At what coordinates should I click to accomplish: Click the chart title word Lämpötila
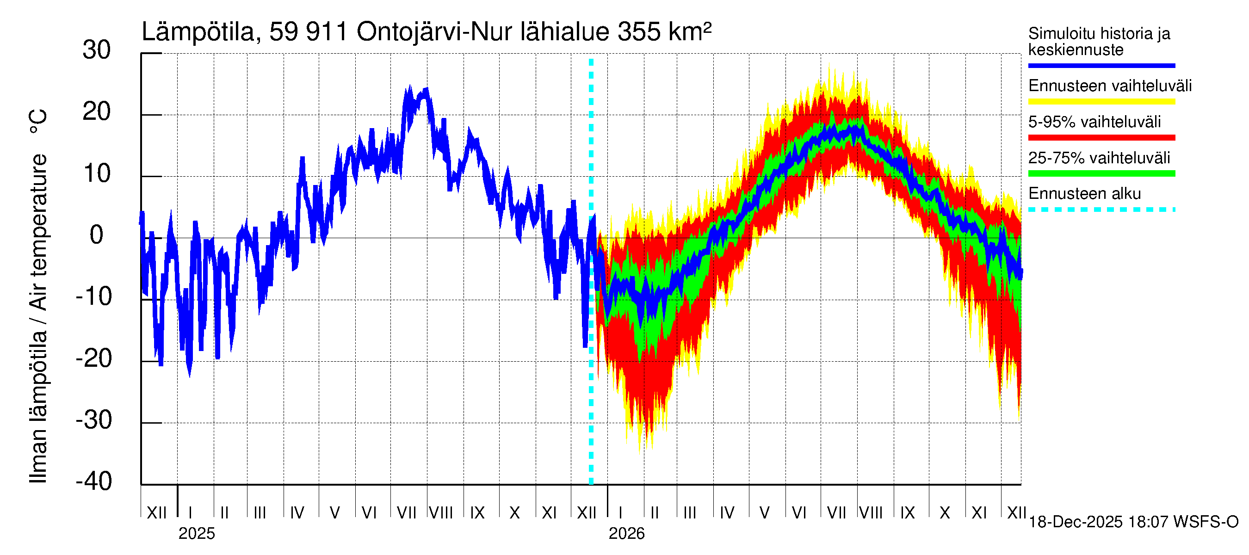click(198, 32)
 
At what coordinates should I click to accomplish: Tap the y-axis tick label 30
click(97, 50)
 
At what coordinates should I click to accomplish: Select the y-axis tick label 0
click(97, 235)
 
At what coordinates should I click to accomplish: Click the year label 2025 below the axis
click(196, 534)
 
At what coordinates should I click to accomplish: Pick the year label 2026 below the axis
click(626, 534)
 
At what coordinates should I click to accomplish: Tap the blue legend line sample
click(1101, 65)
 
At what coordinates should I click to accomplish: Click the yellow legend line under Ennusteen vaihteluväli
click(1101, 101)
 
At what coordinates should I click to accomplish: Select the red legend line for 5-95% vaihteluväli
click(1101, 138)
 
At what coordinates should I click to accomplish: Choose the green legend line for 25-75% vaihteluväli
click(1101, 173)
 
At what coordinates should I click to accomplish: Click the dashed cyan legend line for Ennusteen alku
click(1101, 210)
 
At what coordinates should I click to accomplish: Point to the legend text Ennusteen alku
click(1084, 194)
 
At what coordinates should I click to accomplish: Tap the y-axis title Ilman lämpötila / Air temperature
click(38, 317)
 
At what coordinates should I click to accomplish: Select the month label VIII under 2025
click(441, 513)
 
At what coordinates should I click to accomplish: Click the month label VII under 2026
click(836, 513)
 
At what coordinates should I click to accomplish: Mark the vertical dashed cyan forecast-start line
click(591, 339)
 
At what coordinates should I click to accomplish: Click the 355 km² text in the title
click(664, 32)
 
